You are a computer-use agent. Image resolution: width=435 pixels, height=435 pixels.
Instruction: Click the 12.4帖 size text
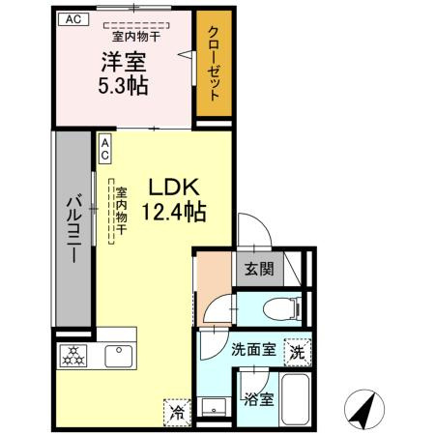(x=175, y=211)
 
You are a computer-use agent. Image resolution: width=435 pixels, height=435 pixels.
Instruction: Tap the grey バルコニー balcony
(x=72, y=228)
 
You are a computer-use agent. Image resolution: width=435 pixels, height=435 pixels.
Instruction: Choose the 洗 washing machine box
(x=298, y=353)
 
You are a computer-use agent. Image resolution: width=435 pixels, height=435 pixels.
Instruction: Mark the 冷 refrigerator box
(x=178, y=411)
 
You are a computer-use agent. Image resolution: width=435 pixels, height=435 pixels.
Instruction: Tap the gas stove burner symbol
(x=74, y=353)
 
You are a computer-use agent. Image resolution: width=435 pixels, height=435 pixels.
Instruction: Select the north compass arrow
(x=362, y=410)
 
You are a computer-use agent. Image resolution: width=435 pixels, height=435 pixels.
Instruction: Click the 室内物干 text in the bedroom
(x=141, y=37)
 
